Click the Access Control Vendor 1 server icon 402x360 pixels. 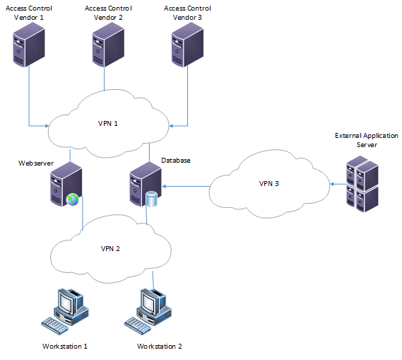coord(29,45)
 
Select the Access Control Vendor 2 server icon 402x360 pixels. coord(108,45)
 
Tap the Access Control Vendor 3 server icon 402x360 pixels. coord(187,45)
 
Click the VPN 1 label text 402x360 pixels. coord(107,124)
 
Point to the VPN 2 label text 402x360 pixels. coord(110,249)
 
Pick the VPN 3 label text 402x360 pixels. coord(268,184)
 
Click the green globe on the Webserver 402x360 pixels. coord(73,199)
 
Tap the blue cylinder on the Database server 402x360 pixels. coord(151,199)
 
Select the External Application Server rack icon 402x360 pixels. coord(362,184)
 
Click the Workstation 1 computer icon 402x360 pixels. coord(65,311)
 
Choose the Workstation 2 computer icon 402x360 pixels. coord(148,311)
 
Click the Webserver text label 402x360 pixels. coord(36,163)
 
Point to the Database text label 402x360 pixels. coord(176,161)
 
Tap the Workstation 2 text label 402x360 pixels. coord(159,347)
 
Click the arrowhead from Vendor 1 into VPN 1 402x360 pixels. coord(47,126)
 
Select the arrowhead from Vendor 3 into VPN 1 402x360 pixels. coord(171,126)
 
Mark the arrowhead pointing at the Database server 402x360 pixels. coord(165,186)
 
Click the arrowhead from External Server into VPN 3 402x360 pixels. coord(332,184)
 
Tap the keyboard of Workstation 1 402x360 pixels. coord(55,325)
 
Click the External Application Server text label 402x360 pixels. coord(367,140)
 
